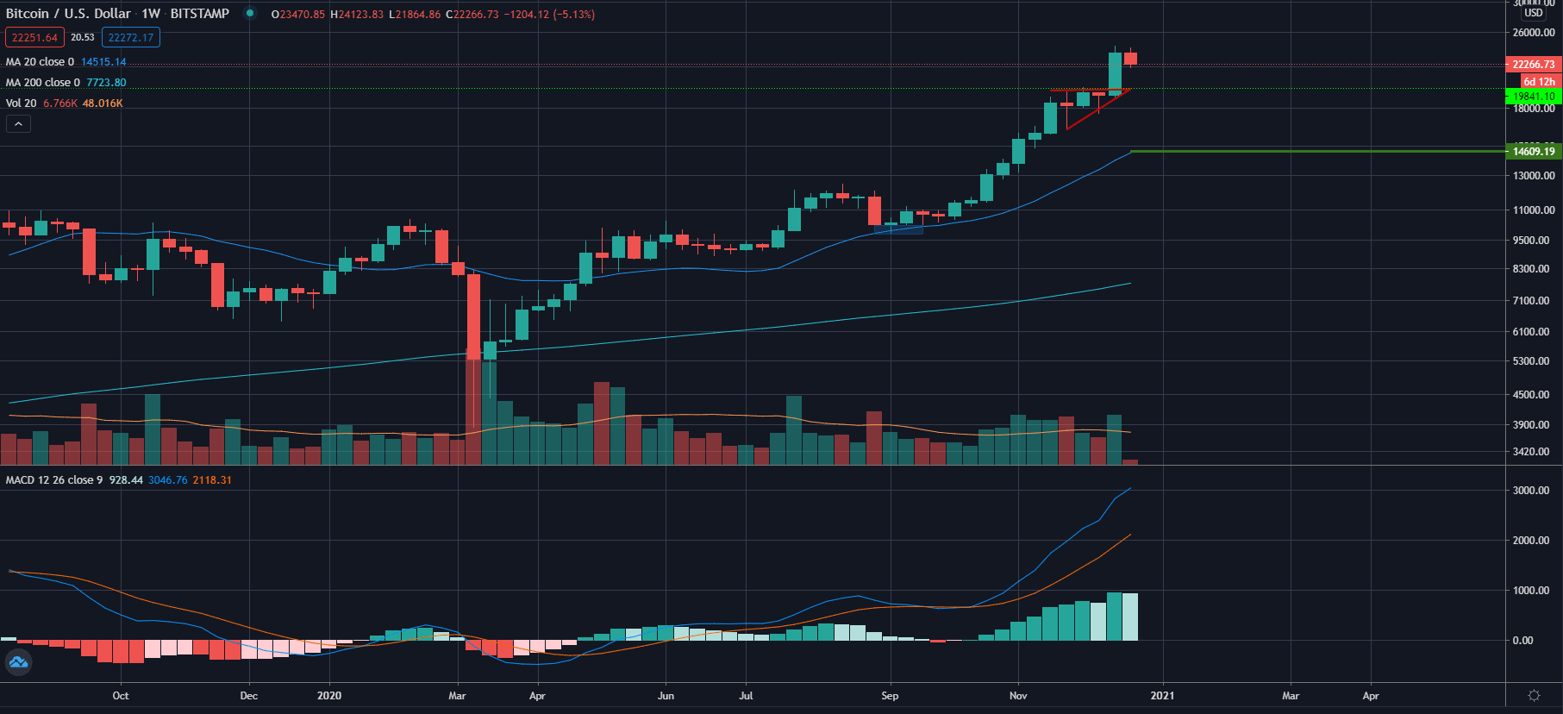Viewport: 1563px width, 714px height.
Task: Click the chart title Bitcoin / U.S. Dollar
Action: coord(68,14)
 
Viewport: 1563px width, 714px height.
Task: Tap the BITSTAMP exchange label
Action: coord(200,14)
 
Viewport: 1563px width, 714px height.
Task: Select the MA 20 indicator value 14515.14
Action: coord(103,62)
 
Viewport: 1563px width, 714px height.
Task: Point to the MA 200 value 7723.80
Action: coord(106,83)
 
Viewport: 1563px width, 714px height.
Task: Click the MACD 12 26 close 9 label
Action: coord(53,480)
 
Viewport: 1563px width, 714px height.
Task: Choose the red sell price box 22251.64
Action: coord(34,37)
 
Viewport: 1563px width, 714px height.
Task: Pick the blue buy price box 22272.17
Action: coord(131,37)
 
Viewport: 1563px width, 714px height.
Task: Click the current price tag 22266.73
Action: coord(1534,65)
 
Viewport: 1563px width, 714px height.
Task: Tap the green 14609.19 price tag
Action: coord(1534,152)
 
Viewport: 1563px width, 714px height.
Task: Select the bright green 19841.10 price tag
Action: coord(1534,97)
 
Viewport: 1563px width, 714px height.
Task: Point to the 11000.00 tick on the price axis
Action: coord(1534,210)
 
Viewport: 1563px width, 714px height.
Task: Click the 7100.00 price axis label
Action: coord(1534,301)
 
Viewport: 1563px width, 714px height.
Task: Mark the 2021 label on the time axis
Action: coord(1162,696)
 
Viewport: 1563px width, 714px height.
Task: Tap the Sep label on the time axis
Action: coord(890,696)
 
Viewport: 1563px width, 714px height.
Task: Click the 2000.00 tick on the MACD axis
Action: coord(1534,541)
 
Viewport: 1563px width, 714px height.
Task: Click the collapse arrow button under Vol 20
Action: coord(18,124)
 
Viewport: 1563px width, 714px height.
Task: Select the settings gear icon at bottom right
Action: coord(1534,696)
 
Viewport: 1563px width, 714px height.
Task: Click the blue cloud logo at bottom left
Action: coord(18,662)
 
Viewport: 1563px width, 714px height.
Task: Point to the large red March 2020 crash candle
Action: coord(473,316)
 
